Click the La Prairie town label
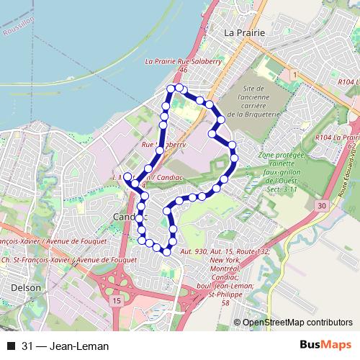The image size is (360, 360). (246, 33)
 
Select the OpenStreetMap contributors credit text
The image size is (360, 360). (298, 323)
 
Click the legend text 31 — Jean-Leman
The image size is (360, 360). (66, 346)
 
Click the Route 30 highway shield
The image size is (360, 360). (322, 206)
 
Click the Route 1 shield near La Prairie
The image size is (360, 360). (294, 74)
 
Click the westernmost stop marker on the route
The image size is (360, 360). (128, 176)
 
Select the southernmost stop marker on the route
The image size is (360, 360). (167, 251)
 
